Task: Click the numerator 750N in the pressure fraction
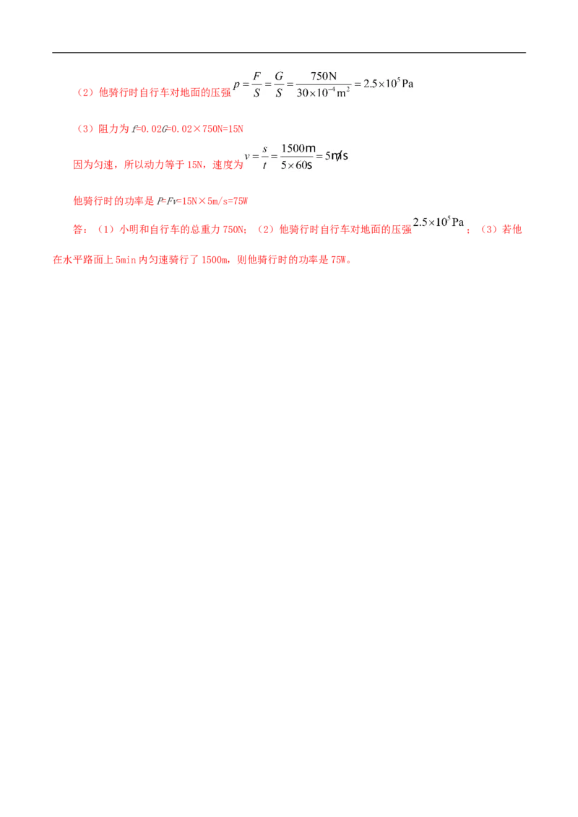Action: point(324,76)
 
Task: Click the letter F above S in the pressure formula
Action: point(256,76)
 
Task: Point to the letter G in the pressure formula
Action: point(279,76)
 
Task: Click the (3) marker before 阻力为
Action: point(85,128)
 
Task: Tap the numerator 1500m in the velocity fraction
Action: point(298,149)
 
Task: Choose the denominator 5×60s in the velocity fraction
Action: point(296,165)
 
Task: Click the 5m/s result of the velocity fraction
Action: point(337,156)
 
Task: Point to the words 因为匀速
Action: point(93,165)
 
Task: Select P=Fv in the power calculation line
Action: point(167,201)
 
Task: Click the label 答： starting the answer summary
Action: point(81,230)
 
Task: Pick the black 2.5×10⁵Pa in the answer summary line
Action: point(438,222)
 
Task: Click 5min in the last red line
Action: point(126,260)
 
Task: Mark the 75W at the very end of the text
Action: point(338,260)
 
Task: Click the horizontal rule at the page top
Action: point(289,52)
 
